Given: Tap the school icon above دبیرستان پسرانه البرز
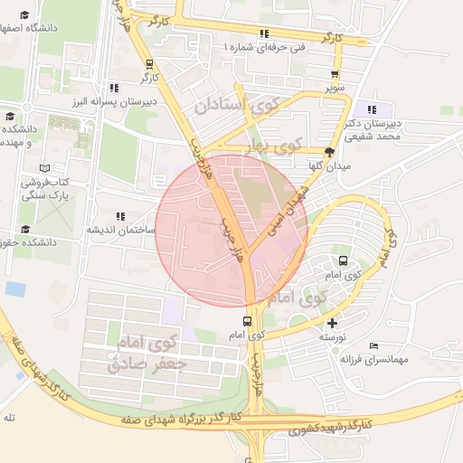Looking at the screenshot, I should tap(114, 88).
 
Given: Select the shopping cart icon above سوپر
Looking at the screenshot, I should tap(335, 76).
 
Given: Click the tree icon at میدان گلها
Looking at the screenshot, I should tap(329, 152).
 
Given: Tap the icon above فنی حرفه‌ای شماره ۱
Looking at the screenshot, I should tap(263, 34).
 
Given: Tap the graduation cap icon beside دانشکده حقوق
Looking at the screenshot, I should tap(24, 229).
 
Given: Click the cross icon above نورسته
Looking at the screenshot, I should tap(333, 323).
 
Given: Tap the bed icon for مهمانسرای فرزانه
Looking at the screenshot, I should tap(374, 345).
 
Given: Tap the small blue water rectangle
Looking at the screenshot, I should tap(14, 288).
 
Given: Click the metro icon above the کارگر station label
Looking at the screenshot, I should tap(150, 64).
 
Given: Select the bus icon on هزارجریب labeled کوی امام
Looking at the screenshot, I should tap(247, 322).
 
